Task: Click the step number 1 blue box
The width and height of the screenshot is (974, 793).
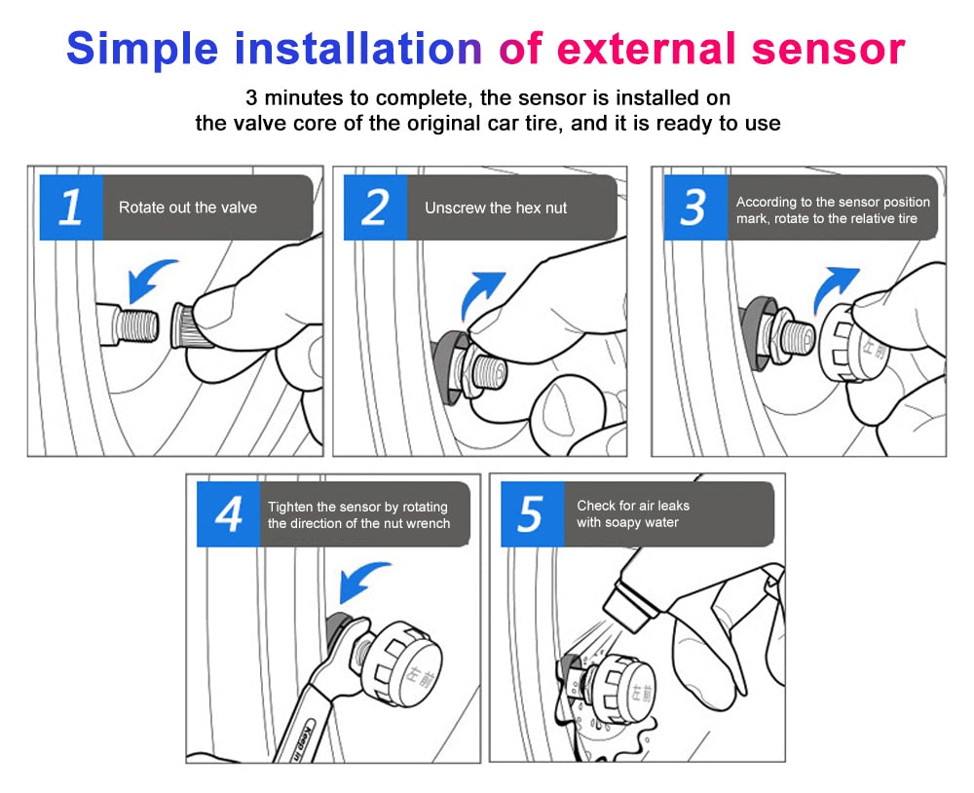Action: point(71,208)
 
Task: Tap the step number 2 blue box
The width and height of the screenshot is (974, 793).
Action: point(375,208)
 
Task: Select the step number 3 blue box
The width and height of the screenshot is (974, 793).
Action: point(695,208)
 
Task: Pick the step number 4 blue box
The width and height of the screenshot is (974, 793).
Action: point(228,513)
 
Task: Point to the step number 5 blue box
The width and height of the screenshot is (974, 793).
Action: point(532,513)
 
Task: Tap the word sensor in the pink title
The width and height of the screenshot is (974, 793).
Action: point(819,49)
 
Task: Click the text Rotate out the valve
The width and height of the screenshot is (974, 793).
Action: point(188,208)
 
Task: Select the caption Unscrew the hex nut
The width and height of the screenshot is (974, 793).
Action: point(496,208)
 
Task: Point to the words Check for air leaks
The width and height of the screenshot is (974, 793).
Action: point(633,505)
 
